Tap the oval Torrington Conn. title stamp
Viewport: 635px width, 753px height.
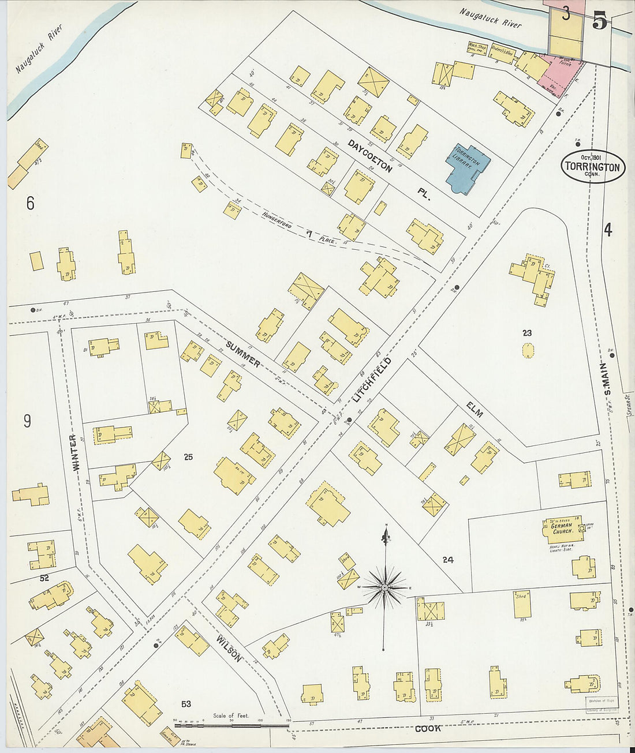coord(592,167)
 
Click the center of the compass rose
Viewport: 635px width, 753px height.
coord(384,587)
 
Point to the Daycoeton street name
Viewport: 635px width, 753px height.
coord(370,156)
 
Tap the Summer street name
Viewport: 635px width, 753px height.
coord(243,354)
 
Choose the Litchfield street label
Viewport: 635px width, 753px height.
coord(372,379)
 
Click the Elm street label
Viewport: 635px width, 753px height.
coord(475,410)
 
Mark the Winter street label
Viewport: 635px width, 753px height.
coord(79,452)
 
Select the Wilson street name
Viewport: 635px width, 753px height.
coord(229,647)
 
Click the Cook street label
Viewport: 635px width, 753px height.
coord(428,728)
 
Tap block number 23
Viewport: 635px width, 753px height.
coord(526,332)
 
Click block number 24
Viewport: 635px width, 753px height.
coord(448,559)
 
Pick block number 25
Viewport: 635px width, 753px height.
coord(188,458)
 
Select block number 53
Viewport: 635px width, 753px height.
coord(186,703)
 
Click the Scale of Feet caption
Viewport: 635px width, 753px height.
coord(231,715)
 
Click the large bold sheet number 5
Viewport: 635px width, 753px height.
coord(599,20)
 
